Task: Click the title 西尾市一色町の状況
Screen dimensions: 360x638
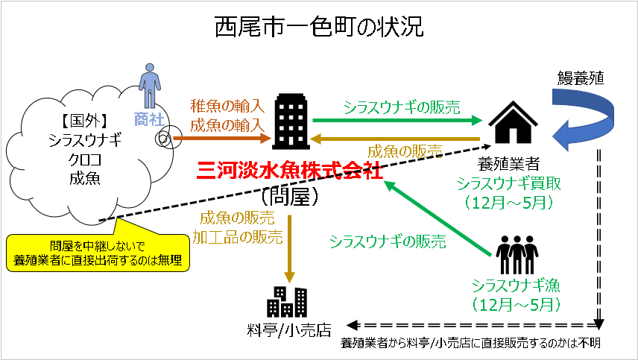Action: [x=318, y=27]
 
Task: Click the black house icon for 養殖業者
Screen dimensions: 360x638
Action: [x=512, y=122]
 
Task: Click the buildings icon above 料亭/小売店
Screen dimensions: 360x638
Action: [x=287, y=301]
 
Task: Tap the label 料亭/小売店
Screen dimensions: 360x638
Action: [x=288, y=330]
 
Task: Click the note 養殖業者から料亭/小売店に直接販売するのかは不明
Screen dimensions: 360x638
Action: [x=470, y=344]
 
